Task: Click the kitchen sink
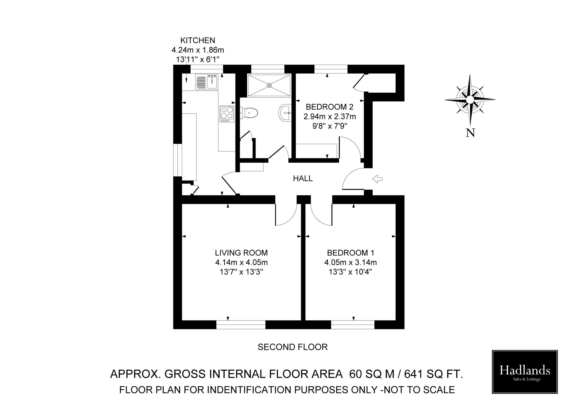pyautogui.click(x=207, y=82)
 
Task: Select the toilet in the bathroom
pyautogui.click(x=250, y=113)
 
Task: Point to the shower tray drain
pyautogui.click(x=269, y=85)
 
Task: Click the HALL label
pyautogui.click(x=303, y=178)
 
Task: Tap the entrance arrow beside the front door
pyautogui.click(x=377, y=179)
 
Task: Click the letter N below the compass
pyautogui.click(x=470, y=133)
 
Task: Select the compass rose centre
pyautogui.click(x=470, y=100)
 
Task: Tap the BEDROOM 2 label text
pyautogui.click(x=330, y=107)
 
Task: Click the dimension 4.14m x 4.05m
pyautogui.click(x=241, y=263)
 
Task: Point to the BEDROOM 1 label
pyautogui.click(x=350, y=253)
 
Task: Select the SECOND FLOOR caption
pyautogui.click(x=293, y=347)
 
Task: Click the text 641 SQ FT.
pyautogui.click(x=433, y=374)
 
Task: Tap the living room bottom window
pyautogui.click(x=241, y=325)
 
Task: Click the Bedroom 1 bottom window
pyautogui.click(x=353, y=325)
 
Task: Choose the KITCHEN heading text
pyautogui.click(x=198, y=40)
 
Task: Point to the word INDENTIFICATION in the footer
pyautogui.click(x=253, y=390)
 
